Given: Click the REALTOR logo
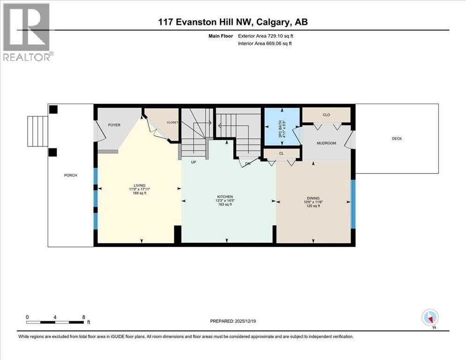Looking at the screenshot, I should point(27,32).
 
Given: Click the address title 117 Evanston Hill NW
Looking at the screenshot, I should point(233,22).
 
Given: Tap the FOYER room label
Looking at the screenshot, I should point(115,125).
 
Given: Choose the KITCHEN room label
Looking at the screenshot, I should point(225,196).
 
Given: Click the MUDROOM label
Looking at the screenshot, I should point(326,143).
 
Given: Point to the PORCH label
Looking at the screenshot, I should point(70,175).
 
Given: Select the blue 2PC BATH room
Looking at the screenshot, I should point(282,126).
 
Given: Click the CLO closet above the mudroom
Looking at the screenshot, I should point(326,114).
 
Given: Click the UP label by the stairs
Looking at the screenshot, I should point(192,162).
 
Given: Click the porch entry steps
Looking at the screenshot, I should point(38,131).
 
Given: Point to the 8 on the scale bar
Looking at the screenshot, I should point(83,317).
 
